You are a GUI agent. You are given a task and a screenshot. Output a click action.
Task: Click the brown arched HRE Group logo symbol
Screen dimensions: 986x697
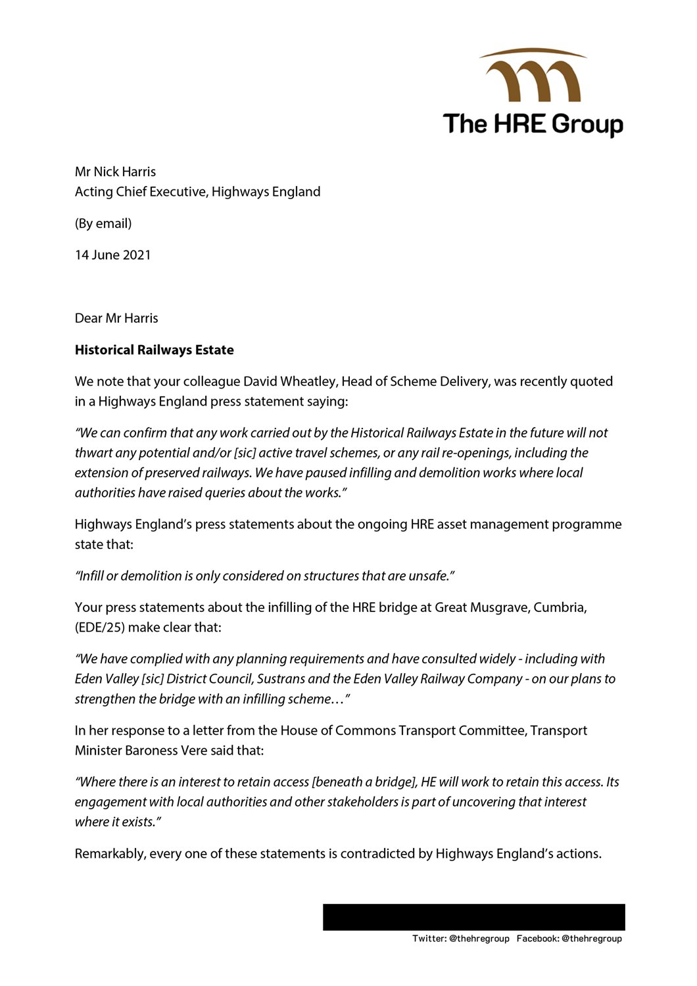(x=533, y=76)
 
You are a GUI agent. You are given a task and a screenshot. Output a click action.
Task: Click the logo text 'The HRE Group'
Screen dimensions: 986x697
(x=533, y=124)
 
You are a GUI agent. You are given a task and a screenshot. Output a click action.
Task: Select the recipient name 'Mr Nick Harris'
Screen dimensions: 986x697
(x=115, y=172)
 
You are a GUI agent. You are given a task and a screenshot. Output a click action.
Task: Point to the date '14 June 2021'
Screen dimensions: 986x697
(x=112, y=255)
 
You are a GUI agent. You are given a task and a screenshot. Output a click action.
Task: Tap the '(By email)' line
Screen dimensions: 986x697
(x=103, y=223)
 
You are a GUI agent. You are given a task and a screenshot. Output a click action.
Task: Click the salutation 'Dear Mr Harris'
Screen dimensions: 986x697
(x=116, y=318)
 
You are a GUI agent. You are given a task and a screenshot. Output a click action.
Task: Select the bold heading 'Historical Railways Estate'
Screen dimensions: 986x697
(x=154, y=350)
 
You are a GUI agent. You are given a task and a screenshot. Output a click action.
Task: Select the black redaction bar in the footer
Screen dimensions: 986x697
(x=473, y=917)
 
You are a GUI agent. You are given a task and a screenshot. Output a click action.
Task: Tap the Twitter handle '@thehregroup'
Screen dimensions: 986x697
(x=479, y=939)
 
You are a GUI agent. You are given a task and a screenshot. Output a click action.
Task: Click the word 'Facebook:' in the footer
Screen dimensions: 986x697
(x=537, y=939)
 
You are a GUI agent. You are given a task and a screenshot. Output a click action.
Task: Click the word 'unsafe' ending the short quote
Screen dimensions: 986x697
(x=428, y=576)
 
